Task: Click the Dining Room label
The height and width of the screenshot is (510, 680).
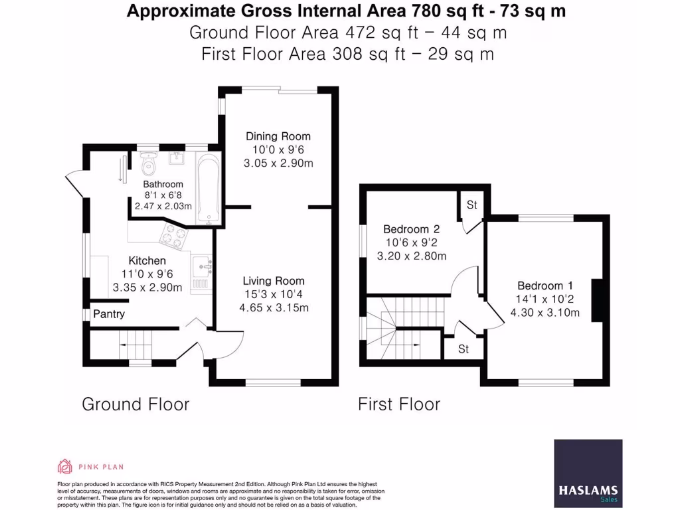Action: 278,136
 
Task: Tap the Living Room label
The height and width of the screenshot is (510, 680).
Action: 273,281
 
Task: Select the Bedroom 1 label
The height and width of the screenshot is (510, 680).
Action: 545,287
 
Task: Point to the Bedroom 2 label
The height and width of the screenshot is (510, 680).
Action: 412,229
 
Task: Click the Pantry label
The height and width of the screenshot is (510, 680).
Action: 109,314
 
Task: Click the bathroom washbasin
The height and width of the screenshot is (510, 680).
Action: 177,159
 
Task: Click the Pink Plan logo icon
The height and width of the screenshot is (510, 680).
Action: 65,466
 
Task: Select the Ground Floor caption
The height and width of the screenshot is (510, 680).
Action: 135,404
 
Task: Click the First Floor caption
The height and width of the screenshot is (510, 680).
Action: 399,404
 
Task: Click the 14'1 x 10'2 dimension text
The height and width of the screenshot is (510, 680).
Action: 545,299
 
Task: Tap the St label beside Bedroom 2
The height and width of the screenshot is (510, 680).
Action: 471,205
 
